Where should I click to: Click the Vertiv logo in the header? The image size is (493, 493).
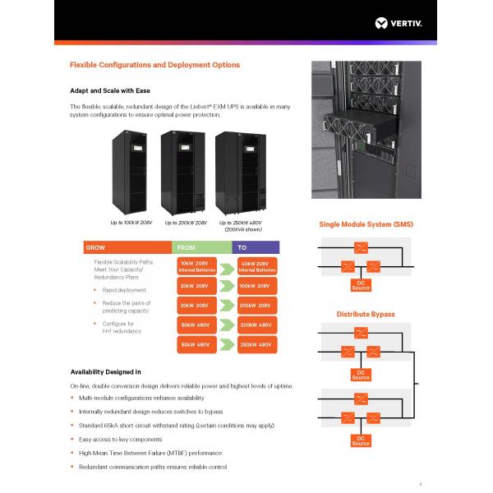(398, 22)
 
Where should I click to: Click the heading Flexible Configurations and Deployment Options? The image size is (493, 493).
(154, 65)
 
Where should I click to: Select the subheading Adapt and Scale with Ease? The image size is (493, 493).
(109, 90)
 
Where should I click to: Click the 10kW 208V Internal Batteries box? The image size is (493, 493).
(198, 266)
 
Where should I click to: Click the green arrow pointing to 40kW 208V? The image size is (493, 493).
(228, 266)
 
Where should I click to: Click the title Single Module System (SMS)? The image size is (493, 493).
(366, 224)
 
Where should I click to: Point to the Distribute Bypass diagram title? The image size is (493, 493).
(366, 314)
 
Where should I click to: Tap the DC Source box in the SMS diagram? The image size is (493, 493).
(361, 285)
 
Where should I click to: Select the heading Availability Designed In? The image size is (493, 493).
(105, 371)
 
